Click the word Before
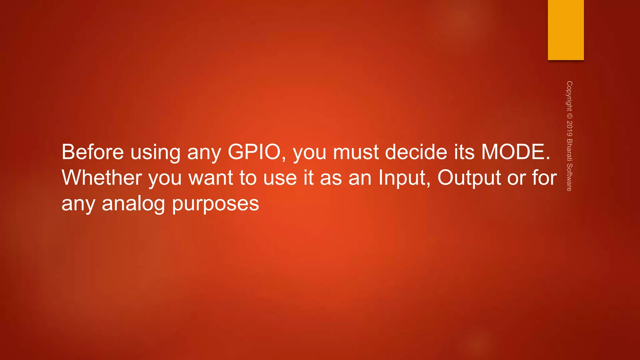[93, 152]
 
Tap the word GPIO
[254, 152]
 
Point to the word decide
[416, 152]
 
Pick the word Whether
[102, 178]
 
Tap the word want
[211, 178]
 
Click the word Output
[469, 178]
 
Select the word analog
[133, 204]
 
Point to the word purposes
[216, 204]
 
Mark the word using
[155, 152]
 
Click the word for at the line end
[544, 178]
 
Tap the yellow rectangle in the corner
[566, 30]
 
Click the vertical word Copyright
[569, 96]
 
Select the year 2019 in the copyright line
[569, 129]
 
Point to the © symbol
[569, 116]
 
